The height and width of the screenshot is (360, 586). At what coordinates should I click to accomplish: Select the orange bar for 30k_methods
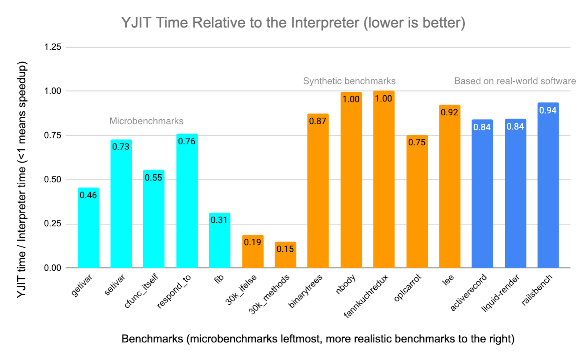[x=285, y=258]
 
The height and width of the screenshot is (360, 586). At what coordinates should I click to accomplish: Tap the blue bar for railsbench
[x=548, y=190]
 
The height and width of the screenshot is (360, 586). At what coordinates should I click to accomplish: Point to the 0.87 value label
[x=318, y=121]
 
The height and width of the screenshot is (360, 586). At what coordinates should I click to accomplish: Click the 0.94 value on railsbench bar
[x=548, y=110]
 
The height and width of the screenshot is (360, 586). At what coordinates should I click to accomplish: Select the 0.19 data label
[x=252, y=242]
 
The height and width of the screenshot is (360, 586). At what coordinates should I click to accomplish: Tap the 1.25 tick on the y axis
[x=52, y=47]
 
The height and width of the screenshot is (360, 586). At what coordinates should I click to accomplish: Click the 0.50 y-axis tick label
[x=52, y=179]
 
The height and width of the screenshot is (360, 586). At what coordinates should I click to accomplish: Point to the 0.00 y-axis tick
[x=52, y=268]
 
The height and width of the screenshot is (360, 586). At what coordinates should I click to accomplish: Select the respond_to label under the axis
[x=174, y=292]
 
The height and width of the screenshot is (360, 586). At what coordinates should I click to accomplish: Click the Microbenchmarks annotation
[x=146, y=121]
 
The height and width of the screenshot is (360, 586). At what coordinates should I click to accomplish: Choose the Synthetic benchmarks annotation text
[x=349, y=81]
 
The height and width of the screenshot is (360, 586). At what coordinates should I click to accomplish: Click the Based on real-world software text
[x=515, y=81]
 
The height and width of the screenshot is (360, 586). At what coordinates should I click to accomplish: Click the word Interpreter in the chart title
[x=325, y=23]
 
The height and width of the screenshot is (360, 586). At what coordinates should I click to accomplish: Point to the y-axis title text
[x=22, y=179]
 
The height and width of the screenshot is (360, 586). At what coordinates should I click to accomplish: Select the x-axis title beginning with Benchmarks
[x=318, y=339]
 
